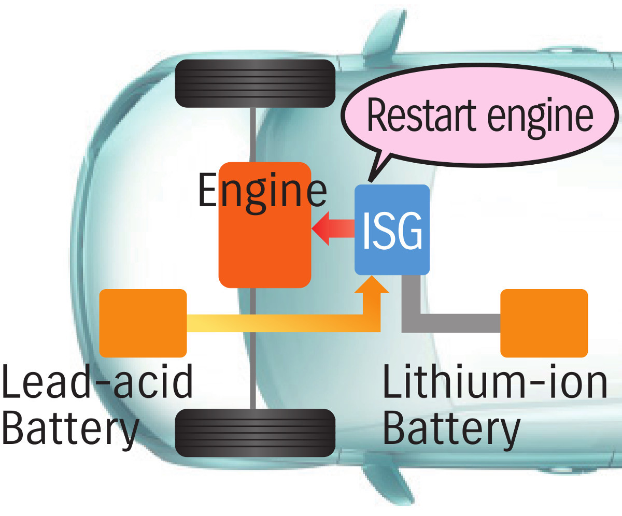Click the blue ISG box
tap(392, 229)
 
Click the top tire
tap(255, 83)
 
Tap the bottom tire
tap(255, 433)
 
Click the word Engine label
tap(262, 191)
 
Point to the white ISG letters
tap(392, 233)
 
